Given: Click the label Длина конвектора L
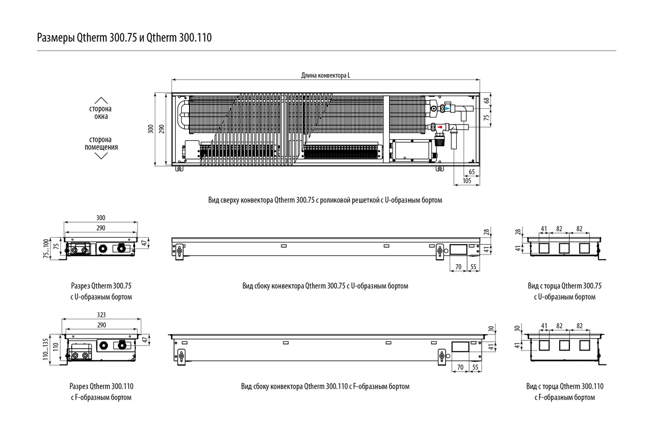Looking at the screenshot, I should tap(325, 76).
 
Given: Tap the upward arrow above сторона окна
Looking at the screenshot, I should tap(101, 100).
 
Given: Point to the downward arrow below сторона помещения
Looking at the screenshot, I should tap(101, 156).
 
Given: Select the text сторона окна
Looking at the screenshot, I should tap(101, 112).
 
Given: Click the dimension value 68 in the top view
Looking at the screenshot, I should tap(487, 101).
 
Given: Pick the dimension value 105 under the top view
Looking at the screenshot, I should tap(467, 181).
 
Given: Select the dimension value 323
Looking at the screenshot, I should tap(101, 314).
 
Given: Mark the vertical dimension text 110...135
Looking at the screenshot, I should tap(46, 349).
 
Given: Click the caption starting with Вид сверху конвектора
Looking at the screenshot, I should tap(325, 200).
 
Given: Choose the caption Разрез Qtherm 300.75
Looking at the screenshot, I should tap(101, 286).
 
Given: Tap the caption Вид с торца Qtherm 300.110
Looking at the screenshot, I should tap(565, 387).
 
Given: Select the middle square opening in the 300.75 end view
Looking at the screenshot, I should tap(565, 249).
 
